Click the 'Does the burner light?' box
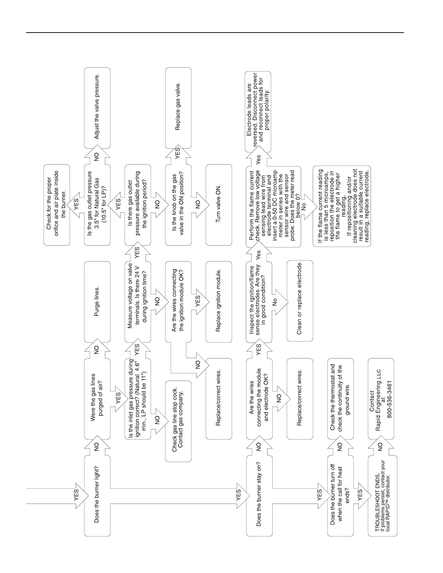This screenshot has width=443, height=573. [97, 495]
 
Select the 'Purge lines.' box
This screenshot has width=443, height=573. [97, 302]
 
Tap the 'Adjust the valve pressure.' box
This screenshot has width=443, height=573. [97, 107]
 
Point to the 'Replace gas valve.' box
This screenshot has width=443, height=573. [178, 107]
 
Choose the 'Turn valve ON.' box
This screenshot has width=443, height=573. [219, 205]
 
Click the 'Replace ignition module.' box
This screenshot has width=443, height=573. [219, 302]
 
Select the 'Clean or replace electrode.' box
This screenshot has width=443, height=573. [300, 301]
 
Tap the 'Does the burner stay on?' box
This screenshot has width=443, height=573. [259, 495]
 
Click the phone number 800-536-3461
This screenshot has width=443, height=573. [389, 399]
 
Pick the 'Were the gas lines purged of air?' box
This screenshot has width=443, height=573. [97, 399]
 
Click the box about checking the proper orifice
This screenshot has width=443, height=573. [56, 205]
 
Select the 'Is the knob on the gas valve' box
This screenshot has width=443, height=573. [178, 205]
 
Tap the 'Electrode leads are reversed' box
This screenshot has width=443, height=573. [258, 112]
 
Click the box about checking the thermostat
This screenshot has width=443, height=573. [340, 399]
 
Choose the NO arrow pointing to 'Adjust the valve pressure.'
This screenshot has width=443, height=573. [97, 156]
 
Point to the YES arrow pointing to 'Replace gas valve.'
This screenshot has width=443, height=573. [178, 153]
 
